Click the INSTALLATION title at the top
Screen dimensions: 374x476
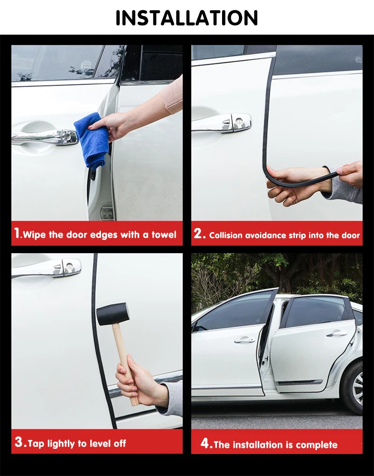[187, 18]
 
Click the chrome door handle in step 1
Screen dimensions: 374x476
[45, 137]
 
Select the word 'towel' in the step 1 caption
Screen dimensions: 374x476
[164, 234]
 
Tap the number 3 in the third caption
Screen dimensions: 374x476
[19, 442]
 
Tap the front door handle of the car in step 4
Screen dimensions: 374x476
[244, 339]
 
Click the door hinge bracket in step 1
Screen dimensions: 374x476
[107, 212]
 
